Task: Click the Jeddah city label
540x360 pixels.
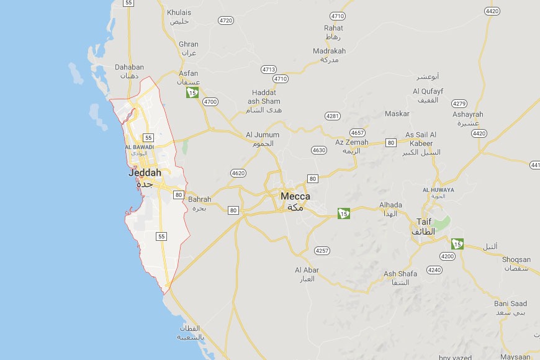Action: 145,173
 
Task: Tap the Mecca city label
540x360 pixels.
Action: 295,196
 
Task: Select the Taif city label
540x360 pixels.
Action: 424,222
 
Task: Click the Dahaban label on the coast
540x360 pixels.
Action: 130,67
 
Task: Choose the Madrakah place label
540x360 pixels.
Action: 330,51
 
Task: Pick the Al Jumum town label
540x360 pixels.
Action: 263,135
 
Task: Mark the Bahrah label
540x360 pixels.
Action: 200,200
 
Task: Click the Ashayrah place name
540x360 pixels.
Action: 468,114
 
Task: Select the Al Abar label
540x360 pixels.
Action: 307,270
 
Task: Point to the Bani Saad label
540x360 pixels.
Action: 511,304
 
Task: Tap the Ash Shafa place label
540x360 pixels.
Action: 400,274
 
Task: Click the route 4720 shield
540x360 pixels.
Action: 226,20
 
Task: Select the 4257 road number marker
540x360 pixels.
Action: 322,251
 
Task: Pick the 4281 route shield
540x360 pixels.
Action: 333,116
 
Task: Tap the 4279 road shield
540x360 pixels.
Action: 460,103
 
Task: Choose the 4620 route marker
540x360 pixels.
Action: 238,173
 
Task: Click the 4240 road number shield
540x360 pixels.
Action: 434,269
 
